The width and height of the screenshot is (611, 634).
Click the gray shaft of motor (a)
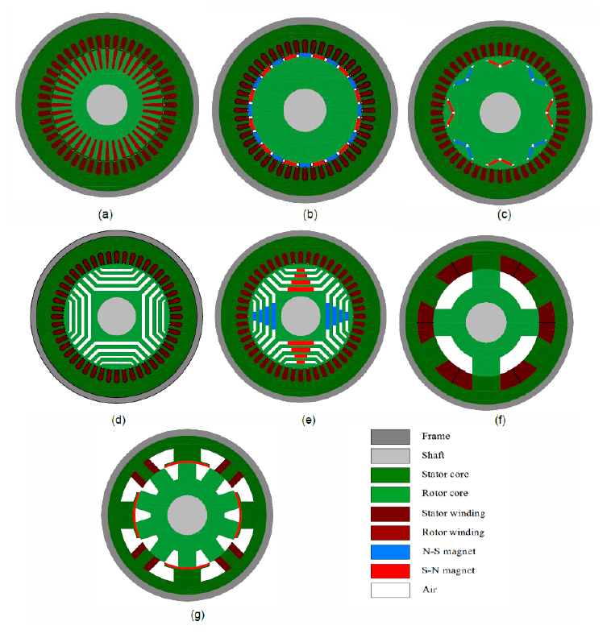(x=107, y=105)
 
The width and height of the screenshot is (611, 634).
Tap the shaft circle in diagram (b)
(x=305, y=110)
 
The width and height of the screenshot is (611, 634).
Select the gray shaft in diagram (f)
(x=486, y=322)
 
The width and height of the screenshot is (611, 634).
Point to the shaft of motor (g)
(x=187, y=515)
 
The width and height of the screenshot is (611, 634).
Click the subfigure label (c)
(x=504, y=214)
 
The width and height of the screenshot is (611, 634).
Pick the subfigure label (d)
(x=118, y=420)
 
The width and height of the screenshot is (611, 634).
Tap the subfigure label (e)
(x=309, y=420)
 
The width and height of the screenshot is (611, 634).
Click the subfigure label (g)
(x=197, y=615)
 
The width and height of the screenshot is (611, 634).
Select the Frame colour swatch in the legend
(x=390, y=437)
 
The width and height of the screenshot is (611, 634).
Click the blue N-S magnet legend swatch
(x=390, y=552)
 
